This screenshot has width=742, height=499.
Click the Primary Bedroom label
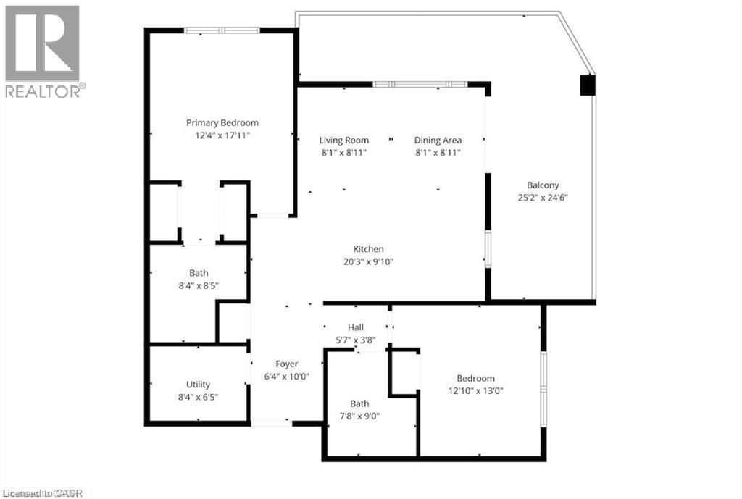pos(222,122)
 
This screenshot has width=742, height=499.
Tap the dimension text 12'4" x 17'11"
pos(222,135)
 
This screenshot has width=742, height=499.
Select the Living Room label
pos(344,140)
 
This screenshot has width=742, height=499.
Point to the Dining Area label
pos(438,140)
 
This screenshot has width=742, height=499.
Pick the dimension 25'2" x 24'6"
pos(542,197)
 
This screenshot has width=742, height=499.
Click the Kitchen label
pos(368,249)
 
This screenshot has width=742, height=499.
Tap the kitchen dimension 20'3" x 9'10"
pos(368,261)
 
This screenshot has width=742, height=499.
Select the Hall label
pos(355,327)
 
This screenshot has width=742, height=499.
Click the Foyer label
pos(286,364)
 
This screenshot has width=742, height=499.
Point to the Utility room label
pos(198,384)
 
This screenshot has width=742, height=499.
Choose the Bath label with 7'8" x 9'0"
pos(359,403)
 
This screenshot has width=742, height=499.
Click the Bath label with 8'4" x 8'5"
pos(199,273)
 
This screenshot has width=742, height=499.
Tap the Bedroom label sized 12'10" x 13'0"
pos(475,378)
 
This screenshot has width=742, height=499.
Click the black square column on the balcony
pos(586,85)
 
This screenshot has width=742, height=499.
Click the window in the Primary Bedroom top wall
pos(222,30)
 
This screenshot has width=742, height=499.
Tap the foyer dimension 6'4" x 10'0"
pos(286,376)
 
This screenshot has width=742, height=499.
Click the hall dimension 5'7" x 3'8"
pos(355,340)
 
